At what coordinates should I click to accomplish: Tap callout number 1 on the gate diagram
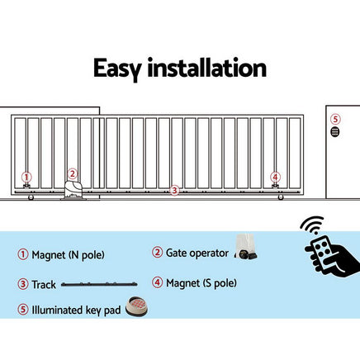tap(26, 177)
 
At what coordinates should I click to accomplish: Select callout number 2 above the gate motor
tap(72, 173)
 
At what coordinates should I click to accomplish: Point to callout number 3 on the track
tap(174, 190)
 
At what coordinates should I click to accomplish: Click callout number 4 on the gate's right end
tap(275, 177)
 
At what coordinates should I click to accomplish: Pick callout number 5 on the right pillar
tap(334, 118)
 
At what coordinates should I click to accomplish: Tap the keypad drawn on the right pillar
tap(334, 131)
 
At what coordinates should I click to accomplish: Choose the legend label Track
tap(45, 284)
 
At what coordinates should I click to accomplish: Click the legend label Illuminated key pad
tap(75, 310)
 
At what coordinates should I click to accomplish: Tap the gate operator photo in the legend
tap(246, 244)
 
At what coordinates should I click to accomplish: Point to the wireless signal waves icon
tap(312, 228)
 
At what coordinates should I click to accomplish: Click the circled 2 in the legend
tap(158, 252)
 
